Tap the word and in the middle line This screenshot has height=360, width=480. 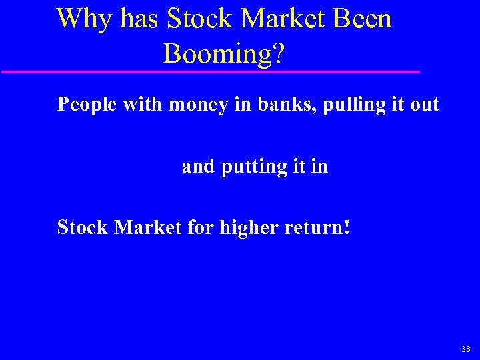click(198, 166)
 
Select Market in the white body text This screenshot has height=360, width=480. click(148, 227)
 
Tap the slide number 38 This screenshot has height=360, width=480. click(465, 348)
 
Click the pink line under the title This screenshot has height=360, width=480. click(210, 71)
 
